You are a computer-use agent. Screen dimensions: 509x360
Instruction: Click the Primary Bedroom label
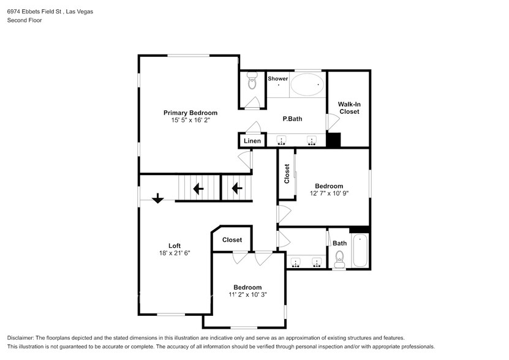point(190,113)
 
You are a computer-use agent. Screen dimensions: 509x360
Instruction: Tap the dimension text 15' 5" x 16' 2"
point(190,120)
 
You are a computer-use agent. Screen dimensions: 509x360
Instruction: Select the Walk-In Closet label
point(349,108)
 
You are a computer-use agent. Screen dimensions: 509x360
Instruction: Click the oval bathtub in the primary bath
point(307,84)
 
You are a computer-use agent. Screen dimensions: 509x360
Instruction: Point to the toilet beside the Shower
point(252,80)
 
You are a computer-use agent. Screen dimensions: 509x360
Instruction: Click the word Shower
point(278,78)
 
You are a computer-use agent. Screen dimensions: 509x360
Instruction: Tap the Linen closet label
point(252,141)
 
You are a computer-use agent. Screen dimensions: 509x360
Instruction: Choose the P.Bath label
point(292,119)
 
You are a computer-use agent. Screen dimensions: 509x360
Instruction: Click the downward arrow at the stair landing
point(158,198)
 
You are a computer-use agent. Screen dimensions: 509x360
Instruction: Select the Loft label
point(175,246)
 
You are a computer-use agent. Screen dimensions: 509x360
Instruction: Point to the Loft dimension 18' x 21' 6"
point(175,253)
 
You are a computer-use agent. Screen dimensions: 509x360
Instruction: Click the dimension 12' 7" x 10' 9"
point(329,193)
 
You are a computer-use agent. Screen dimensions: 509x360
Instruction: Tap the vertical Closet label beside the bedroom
point(287,174)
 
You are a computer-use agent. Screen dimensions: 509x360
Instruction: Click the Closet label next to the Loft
point(232,240)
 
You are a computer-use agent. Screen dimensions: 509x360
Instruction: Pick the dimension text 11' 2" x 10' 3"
point(247,294)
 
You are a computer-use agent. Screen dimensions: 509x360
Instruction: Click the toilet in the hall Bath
point(339,259)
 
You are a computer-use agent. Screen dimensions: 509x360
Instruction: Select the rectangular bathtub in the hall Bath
point(360,250)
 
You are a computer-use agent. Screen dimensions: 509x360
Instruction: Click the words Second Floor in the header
point(25,20)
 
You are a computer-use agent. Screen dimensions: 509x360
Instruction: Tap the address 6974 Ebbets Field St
point(34,12)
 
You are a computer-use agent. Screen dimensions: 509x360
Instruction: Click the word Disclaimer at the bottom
point(20,338)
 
